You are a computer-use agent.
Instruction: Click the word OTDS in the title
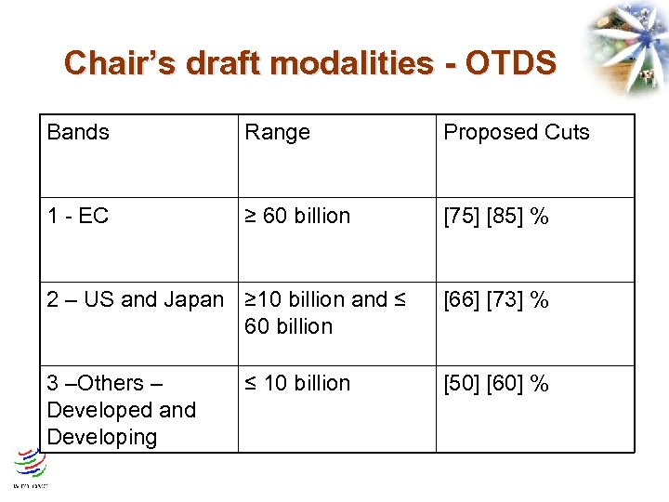click(x=510, y=63)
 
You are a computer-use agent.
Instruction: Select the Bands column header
click(x=78, y=132)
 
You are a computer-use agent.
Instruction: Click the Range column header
click(x=277, y=132)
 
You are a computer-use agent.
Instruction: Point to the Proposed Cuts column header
click(x=516, y=132)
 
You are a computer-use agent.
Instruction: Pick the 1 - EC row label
click(x=78, y=216)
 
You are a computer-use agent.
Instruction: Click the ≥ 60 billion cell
click(x=297, y=216)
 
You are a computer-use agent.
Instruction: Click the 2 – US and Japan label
click(x=136, y=299)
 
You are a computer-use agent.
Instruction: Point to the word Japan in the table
click(x=193, y=299)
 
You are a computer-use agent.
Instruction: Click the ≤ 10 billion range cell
click(x=297, y=383)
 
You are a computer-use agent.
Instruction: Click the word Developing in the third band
click(x=102, y=437)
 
